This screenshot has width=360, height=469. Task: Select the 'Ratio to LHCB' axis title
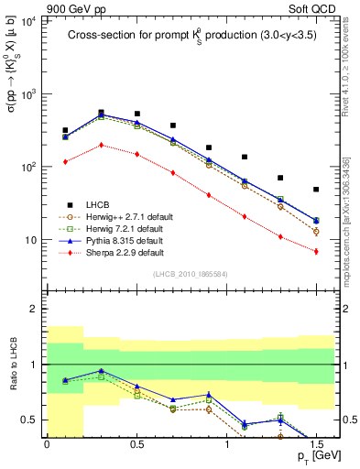coord(13,365)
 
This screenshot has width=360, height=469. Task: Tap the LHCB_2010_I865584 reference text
coord(190,276)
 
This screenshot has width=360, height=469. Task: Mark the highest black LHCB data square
coord(101,113)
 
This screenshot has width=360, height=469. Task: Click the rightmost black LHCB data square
coord(316,190)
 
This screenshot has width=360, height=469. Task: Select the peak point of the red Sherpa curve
coord(101,145)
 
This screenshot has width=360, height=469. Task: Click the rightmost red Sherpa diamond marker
coord(316,251)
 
